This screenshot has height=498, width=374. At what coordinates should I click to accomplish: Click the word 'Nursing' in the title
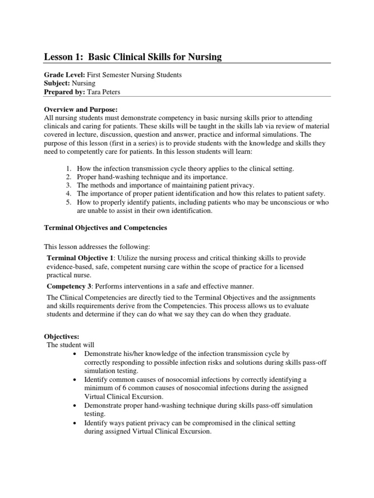point(203,57)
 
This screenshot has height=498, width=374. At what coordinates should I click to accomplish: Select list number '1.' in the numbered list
point(69,168)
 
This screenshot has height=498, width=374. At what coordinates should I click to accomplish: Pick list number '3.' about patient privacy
point(69,185)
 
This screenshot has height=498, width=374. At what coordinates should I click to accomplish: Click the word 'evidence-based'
point(69,266)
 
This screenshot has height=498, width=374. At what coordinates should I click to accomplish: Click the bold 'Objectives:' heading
point(61,336)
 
